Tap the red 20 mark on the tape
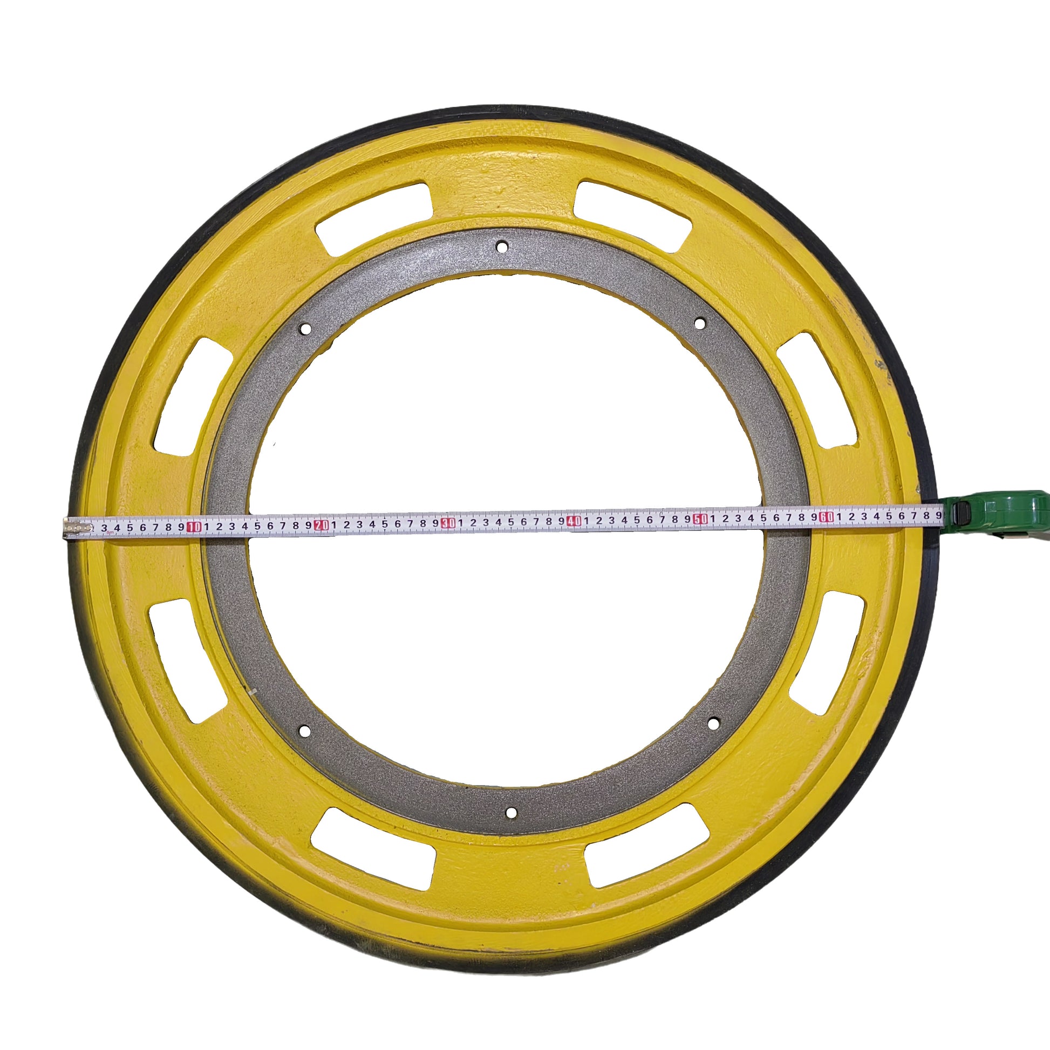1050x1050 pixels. coord(322,524)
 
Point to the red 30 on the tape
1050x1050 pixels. coord(448,523)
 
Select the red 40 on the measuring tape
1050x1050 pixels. coord(574,521)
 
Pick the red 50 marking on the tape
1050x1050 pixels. coord(700,519)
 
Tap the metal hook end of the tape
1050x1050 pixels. coord(78,527)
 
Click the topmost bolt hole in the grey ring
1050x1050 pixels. coord(502,247)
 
